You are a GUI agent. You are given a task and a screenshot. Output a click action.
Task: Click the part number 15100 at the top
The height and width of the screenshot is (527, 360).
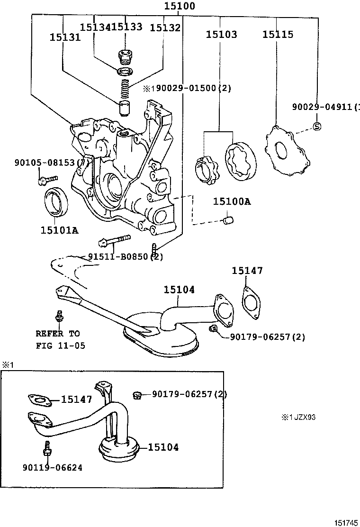coord(180,7)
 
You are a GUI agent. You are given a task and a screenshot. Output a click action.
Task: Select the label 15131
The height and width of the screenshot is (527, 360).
coord(65,37)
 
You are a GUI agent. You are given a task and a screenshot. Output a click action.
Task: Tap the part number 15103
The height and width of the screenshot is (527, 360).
coord(221,34)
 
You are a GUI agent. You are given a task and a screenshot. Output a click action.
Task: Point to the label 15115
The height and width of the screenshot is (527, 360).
coord(278,34)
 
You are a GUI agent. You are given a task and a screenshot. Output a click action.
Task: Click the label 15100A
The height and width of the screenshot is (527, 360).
coord(232,201)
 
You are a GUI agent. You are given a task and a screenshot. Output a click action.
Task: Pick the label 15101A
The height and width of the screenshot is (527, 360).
coord(59,230)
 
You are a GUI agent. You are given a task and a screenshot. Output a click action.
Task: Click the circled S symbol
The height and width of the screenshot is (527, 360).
coord(317,126)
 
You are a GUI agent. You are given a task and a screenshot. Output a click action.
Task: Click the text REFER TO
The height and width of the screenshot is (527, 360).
coord(58,334)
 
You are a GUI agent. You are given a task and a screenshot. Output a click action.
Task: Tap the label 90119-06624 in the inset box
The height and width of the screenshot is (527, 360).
coord(52,468)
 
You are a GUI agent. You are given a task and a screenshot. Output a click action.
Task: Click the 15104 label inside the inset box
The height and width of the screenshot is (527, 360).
coord(163,447)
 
